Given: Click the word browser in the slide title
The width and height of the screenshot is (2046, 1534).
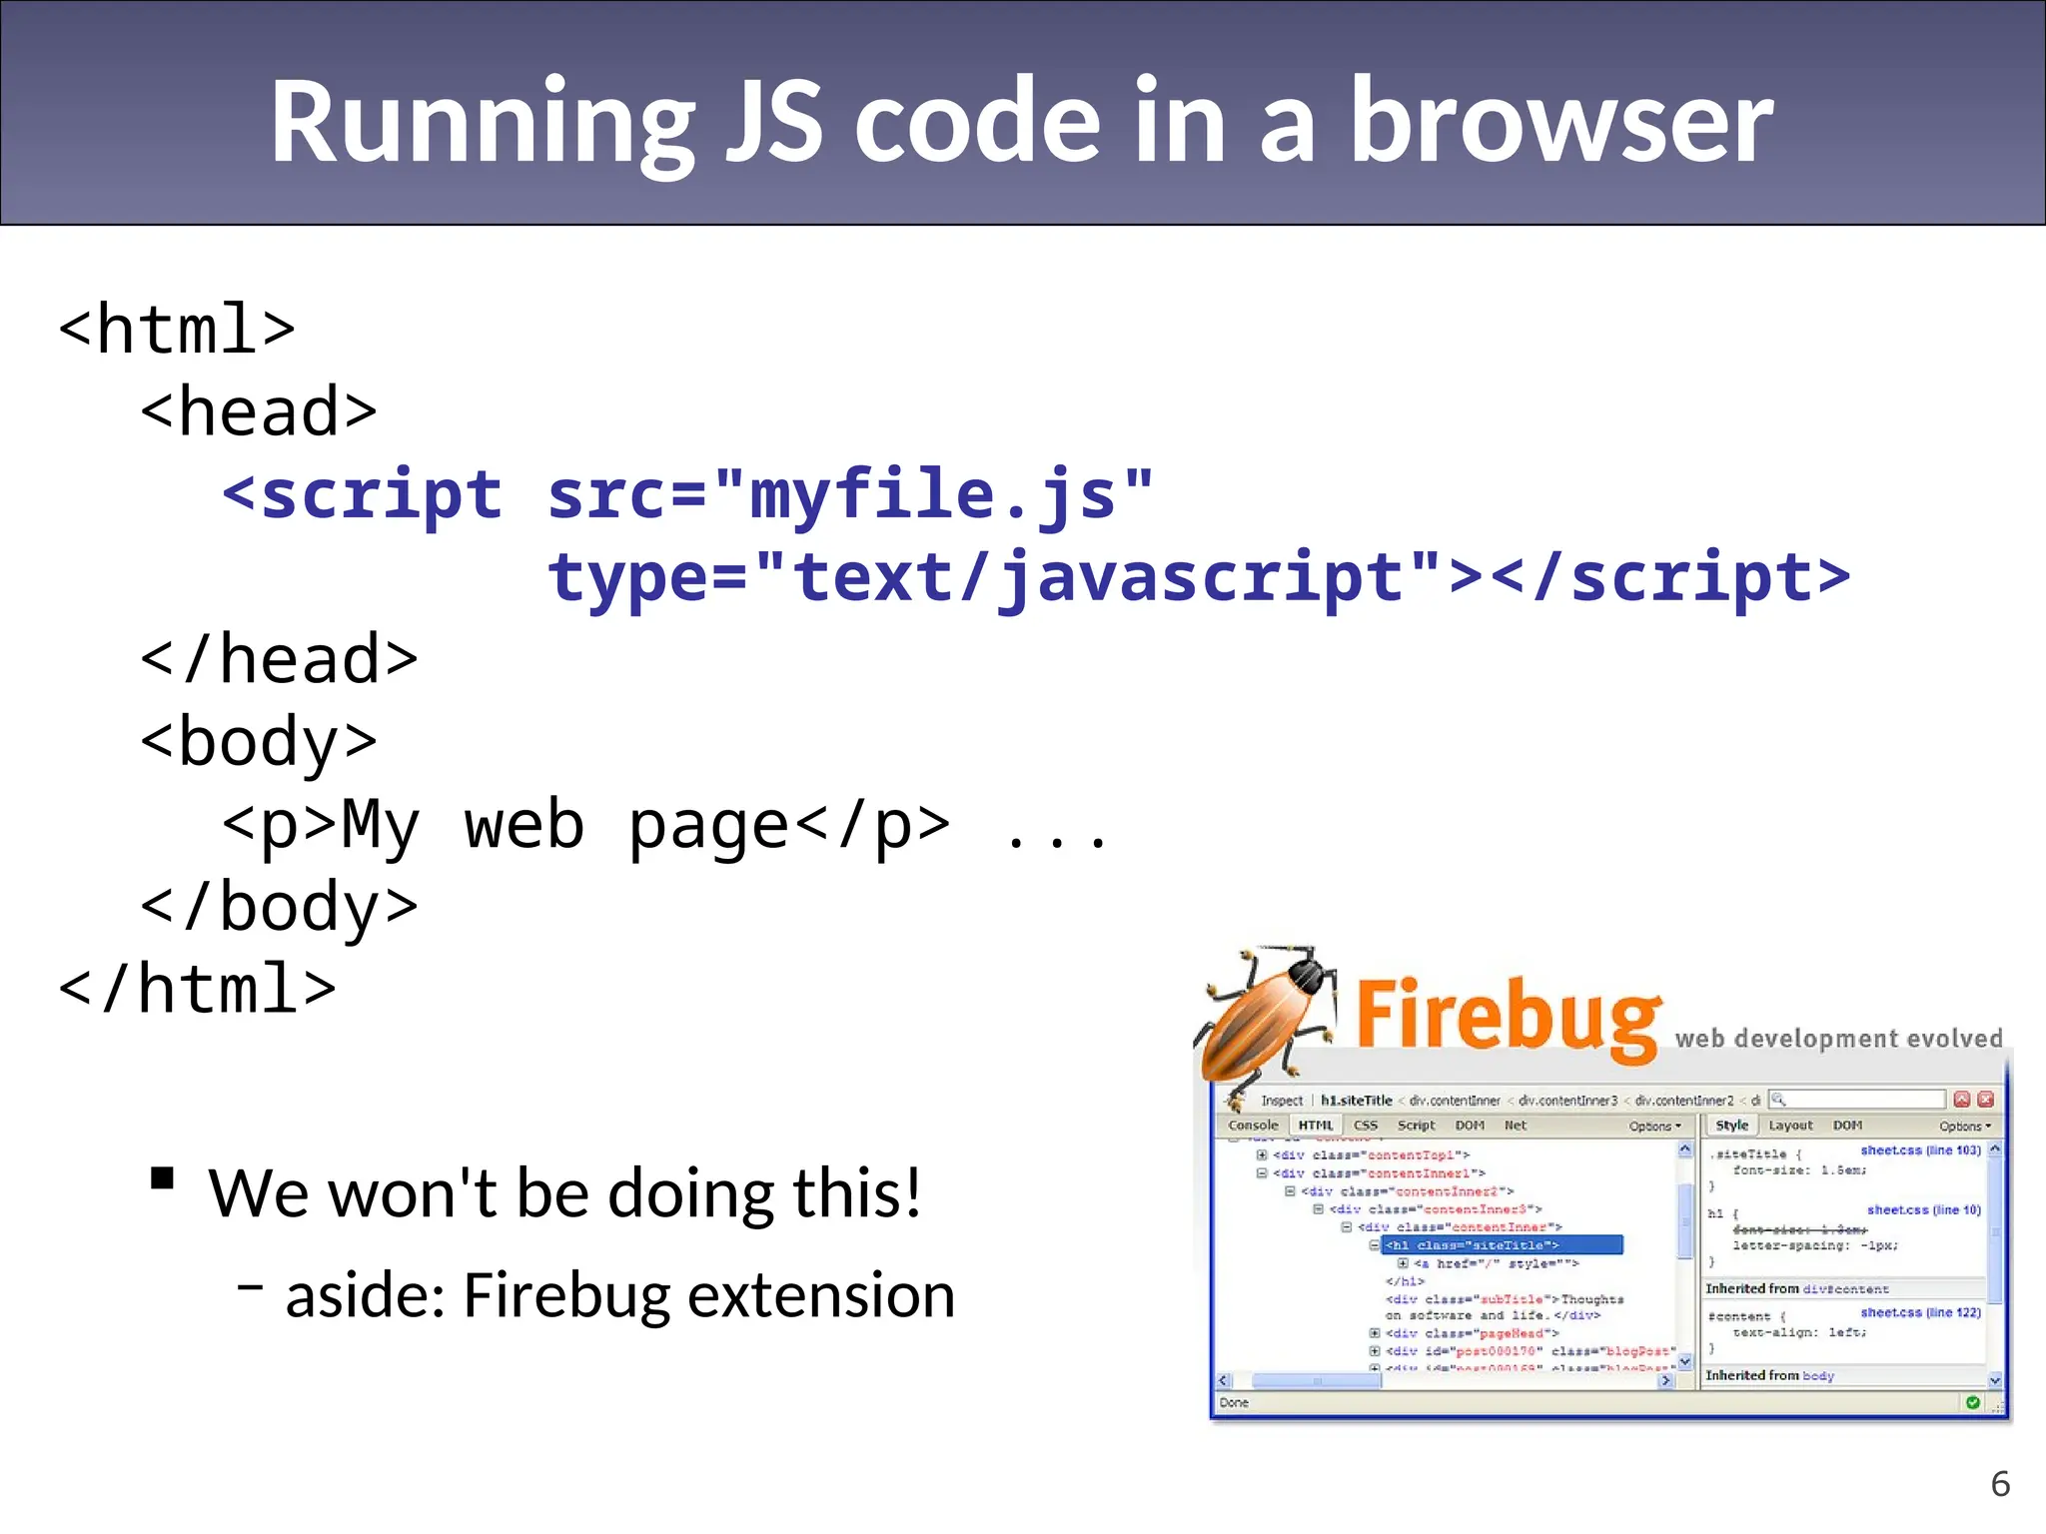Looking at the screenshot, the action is [1560, 122].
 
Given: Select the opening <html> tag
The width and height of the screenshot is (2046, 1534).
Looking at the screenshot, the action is [177, 329].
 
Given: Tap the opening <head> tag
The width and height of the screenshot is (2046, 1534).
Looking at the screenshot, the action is [259, 411].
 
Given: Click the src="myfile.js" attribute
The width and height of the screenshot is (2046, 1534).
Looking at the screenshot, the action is [850, 494].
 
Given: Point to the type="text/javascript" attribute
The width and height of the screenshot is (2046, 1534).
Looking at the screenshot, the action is [994, 577].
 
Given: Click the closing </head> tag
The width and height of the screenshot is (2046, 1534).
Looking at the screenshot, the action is [279, 659].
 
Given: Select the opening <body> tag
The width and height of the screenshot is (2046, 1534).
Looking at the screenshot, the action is [259, 743].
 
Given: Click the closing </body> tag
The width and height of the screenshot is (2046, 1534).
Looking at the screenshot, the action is [279, 907].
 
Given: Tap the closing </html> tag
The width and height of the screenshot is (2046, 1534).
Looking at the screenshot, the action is [197, 990].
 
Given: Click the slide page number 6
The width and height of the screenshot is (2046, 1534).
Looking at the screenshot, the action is [2000, 1484].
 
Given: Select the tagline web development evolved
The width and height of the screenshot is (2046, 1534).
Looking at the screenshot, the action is [1838, 1039].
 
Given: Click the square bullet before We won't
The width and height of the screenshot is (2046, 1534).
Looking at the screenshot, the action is [162, 1179].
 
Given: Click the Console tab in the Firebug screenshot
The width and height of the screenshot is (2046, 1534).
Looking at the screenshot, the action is [1253, 1126].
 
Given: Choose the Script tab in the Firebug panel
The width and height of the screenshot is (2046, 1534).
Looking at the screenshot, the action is [1416, 1126].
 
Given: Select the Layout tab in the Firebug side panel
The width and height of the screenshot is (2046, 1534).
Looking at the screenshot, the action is [1790, 1126].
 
